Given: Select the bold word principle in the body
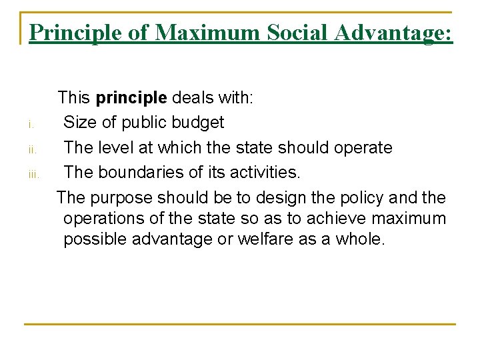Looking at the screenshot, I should pyautogui.click(x=131, y=98).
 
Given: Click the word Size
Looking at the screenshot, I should pyautogui.click(x=81, y=123).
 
